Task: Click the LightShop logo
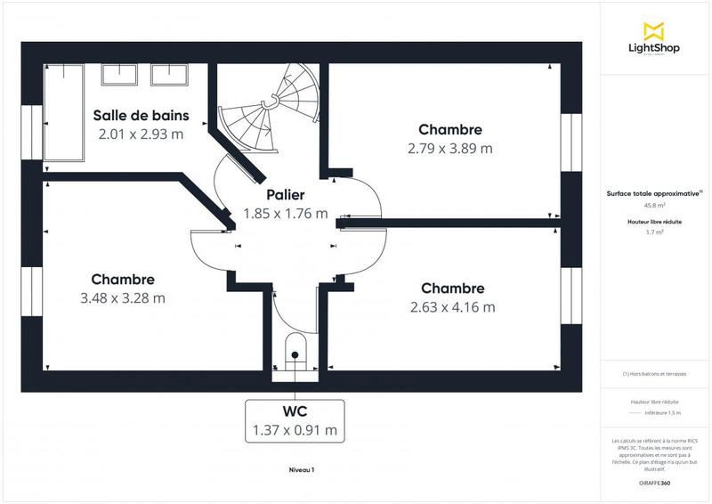pyautogui.click(x=653, y=40)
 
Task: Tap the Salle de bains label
pyautogui.click(x=140, y=115)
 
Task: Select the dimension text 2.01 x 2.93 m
pyautogui.click(x=141, y=134)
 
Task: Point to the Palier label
pyautogui.click(x=285, y=194)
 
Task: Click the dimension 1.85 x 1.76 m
pyautogui.click(x=285, y=214)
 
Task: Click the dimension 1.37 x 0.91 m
pyautogui.click(x=295, y=431)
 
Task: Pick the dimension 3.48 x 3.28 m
pyautogui.click(x=123, y=298)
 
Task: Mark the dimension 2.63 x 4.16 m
pyautogui.click(x=452, y=307)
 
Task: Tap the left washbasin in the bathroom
pyautogui.click(x=118, y=75)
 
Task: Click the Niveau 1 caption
pyautogui.click(x=302, y=470)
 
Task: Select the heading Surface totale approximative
pyautogui.click(x=652, y=192)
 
